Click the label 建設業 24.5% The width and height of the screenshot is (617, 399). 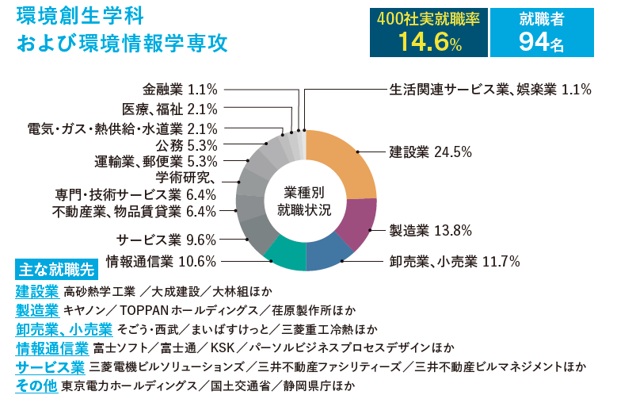[430, 152]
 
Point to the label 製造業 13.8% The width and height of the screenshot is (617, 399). [430, 231]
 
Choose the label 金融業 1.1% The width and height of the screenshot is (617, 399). [180, 90]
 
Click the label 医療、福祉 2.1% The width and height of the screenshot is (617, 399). [169, 109]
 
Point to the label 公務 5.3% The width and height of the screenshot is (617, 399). [186, 145]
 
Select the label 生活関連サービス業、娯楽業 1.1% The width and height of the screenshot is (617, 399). [490, 90]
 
